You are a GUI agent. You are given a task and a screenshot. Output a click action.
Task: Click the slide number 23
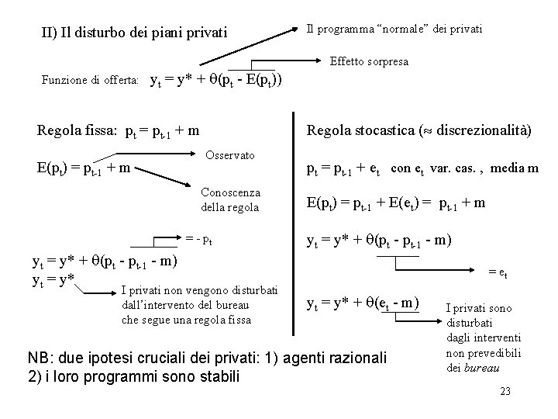[505, 391]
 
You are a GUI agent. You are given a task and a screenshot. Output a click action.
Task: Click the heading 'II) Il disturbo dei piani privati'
[134, 33]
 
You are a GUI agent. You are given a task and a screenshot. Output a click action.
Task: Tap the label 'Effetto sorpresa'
[369, 61]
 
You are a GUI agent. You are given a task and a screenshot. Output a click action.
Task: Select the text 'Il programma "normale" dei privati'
[394, 29]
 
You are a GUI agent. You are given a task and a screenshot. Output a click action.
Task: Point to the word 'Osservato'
[230, 155]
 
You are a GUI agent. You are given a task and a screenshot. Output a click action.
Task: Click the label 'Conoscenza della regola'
[230, 199]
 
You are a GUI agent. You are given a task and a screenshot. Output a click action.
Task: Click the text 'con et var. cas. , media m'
[465, 168]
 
